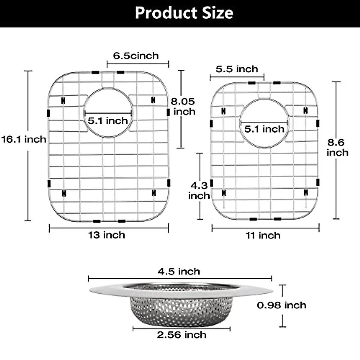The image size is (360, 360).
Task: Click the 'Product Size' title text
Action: pyautogui.click(x=184, y=13)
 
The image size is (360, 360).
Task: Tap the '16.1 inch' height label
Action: pyautogui.click(x=24, y=139)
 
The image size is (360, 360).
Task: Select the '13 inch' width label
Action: pyautogui.click(x=106, y=235)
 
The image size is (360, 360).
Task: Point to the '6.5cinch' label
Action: pyautogui.click(x=136, y=56)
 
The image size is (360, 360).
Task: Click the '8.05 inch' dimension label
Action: pyautogui.click(x=183, y=106)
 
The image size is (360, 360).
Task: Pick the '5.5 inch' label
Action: pyautogui.click(x=237, y=69)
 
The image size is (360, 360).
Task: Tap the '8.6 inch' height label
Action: pyautogui.click(x=337, y=147)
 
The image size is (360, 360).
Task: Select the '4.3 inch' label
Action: pyautogui.click(x=199, y=191)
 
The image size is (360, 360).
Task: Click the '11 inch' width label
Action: pyautogui.click(x=263, y=235)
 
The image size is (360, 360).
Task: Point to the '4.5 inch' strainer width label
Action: pyautogui.click(x=179, y=271)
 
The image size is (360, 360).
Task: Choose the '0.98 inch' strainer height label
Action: pyautogui.click(x=281, y=305)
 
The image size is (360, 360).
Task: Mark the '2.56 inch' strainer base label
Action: pyautogui.click(x=181, y=335)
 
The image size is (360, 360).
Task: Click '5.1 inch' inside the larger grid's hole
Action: pyautogui.click(x=108, y=121)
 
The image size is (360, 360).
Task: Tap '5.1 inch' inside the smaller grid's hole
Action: pyautogui.click(x=264, y=129)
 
